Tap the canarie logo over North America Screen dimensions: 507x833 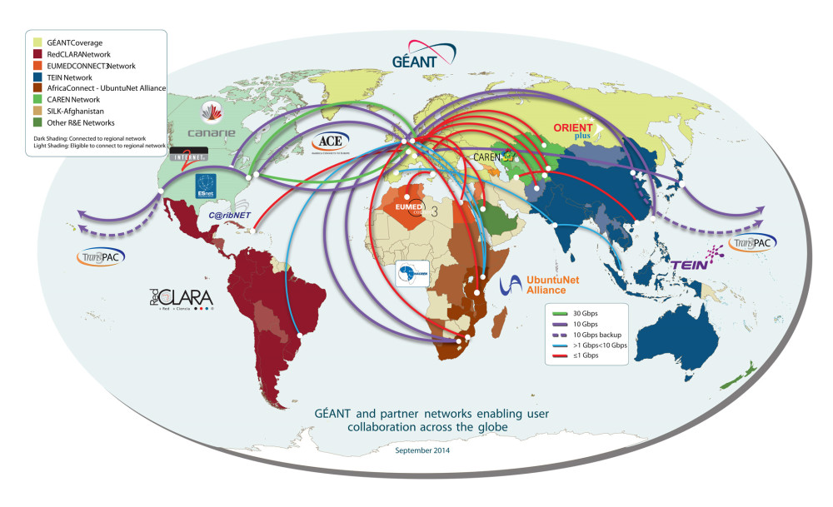click(212, 123)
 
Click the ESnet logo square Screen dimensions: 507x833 click(207, 185)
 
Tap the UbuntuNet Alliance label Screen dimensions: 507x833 click(540, 285)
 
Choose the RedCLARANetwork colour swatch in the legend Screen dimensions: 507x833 click(38, 52)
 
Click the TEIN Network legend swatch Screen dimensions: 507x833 click(38, 76)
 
